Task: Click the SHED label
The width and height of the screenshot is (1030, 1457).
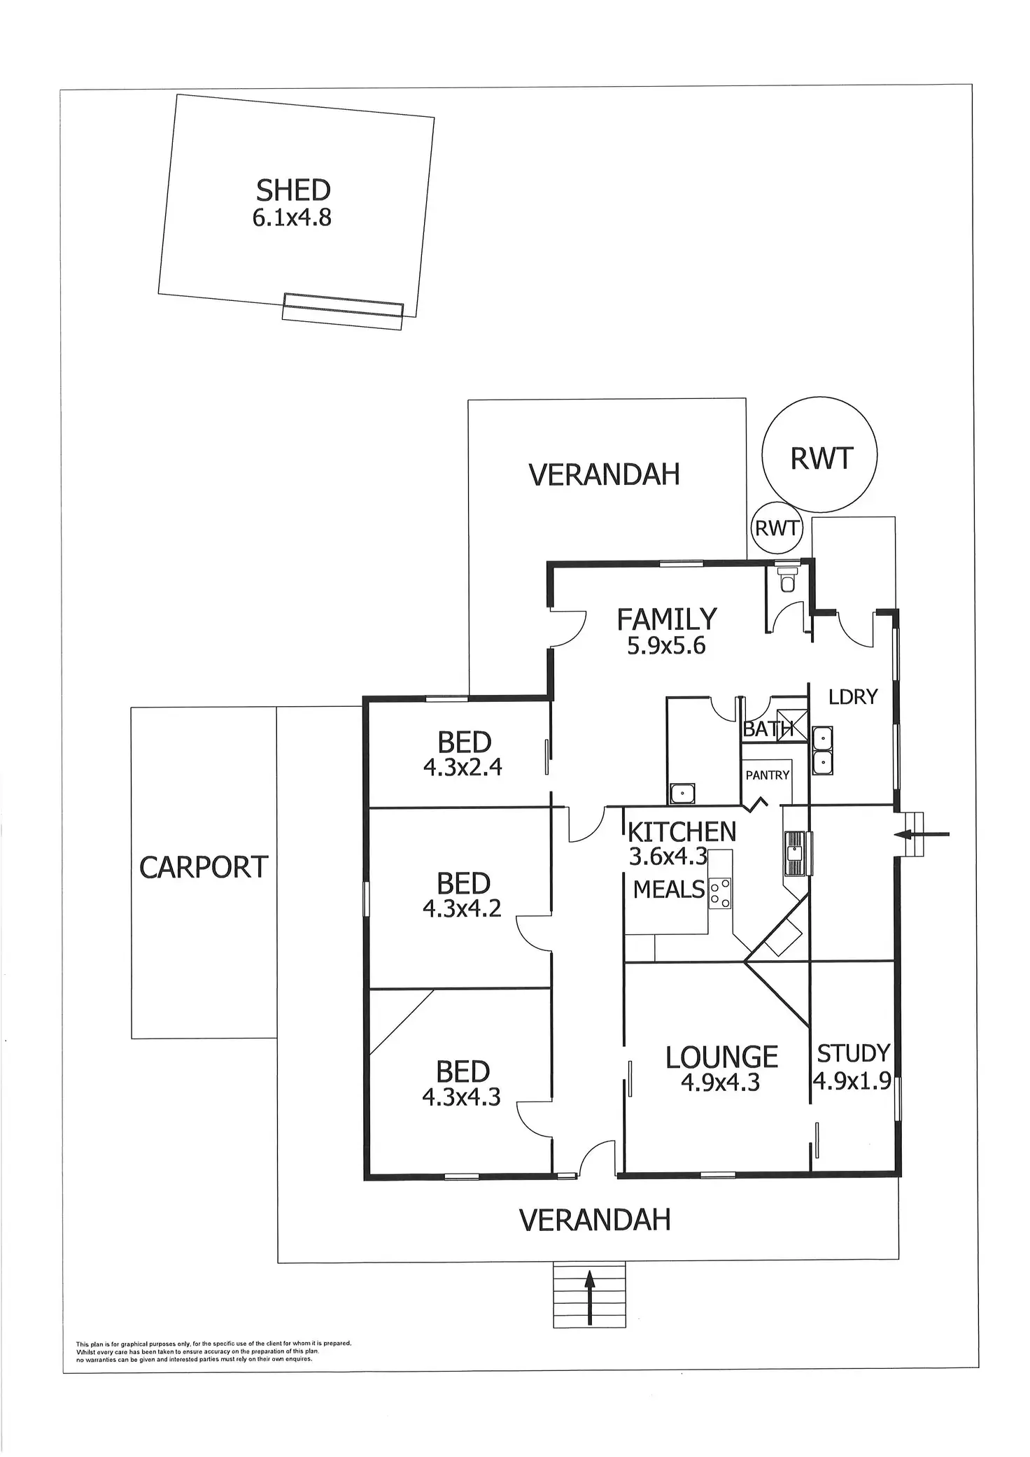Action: tap(293, 190)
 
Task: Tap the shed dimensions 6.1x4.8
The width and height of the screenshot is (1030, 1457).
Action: tap(292, 218)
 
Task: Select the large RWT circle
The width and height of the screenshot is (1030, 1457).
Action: tap(819, 456)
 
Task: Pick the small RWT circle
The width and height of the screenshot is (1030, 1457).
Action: tap(776, 528)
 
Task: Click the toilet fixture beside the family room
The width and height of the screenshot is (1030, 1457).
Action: tap(787, 578)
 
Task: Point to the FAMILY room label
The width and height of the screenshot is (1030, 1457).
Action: tap(666, 619)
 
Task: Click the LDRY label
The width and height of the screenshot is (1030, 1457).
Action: tap(852, 696)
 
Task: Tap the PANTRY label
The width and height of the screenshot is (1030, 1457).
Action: tap(767, 775)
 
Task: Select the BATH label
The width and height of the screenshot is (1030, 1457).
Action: tap(767, 729)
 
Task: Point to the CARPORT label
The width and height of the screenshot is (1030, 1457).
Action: tap(204, 868)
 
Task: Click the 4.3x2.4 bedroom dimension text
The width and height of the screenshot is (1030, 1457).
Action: tap(463, 768)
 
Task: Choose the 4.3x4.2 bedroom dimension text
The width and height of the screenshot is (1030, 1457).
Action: tap(462, 909)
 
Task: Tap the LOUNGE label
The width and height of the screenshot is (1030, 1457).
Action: tap(721, 1057)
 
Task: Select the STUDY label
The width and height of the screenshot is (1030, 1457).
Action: tap(854, 1053)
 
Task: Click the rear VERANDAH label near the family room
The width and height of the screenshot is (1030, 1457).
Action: tap(604, 474)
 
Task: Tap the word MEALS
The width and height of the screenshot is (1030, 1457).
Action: tap(669, 889)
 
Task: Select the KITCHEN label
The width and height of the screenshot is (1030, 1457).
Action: tap(682, 832)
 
